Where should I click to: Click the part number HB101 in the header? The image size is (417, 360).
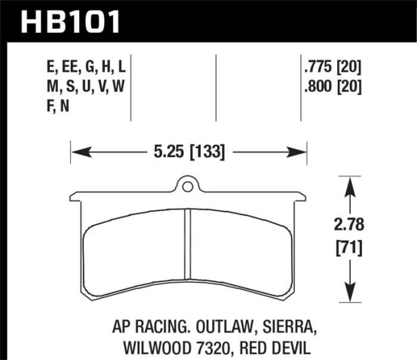click(x=70, y=22)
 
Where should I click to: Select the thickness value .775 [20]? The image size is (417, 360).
click(x=332, y=66)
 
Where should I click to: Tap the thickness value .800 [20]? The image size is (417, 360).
click(x=332, y=87)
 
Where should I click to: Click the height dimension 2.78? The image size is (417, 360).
click(x=348, y=225)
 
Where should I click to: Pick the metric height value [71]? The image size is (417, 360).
click(x=348, y=246)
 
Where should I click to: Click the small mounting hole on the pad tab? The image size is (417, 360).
click(x=188, y=187)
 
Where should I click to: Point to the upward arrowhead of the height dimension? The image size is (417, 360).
click(x=348, y=185)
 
